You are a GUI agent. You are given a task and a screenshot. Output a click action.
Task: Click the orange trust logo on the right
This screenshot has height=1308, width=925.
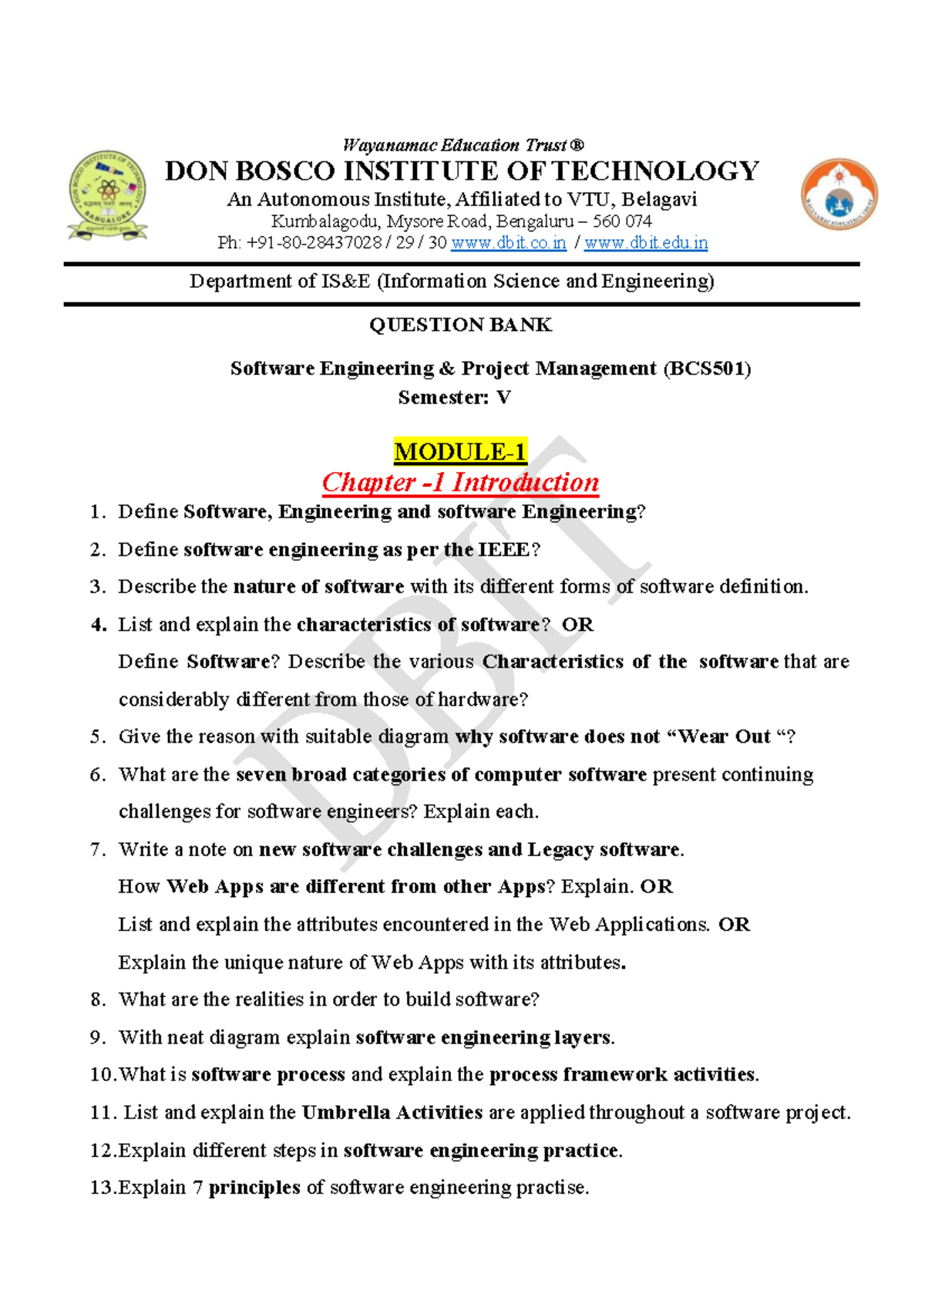coord(839,195)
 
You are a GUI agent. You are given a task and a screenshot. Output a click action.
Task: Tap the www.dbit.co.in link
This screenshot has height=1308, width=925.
coord(508,243)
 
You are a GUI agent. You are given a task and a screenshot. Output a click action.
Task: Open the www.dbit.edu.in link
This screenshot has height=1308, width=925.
coord(646,243)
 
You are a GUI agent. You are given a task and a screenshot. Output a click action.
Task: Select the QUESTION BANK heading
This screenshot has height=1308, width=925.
coord(460,325)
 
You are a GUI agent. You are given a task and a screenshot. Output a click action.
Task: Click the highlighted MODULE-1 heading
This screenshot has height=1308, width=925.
coord(460,451)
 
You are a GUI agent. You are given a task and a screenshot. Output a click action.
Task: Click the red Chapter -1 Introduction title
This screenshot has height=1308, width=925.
coord(460,482)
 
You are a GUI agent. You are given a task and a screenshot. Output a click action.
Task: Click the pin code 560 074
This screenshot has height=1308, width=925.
coord(622,221)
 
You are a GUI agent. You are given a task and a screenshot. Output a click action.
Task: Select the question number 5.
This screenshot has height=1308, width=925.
coord(97,737)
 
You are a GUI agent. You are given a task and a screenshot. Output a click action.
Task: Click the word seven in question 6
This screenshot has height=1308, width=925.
coord(261,774)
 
